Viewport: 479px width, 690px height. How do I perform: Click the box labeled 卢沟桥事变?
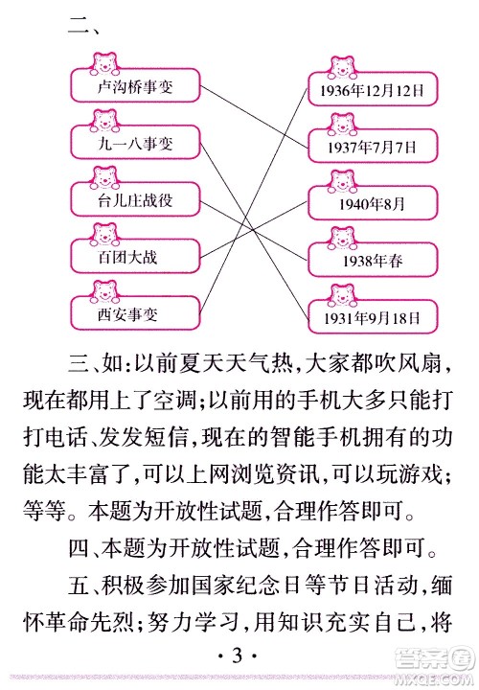tap(134, 87)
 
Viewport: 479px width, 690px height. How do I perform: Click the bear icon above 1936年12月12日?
tap(341, 69)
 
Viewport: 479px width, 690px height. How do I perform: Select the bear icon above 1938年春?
tap(341, 237)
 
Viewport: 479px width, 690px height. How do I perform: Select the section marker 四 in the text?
tap(80, 548)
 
